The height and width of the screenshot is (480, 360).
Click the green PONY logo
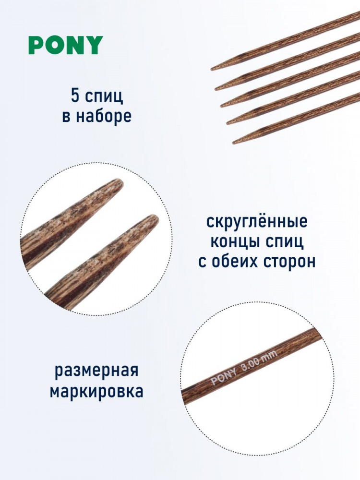[66, 45]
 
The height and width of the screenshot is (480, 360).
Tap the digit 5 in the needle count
[75, 96]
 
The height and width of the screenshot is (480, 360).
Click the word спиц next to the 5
[104, 97]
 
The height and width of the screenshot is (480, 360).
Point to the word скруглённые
[256, 221]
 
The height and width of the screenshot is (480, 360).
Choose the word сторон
[291, 263]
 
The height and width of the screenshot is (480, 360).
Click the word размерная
[96, 371]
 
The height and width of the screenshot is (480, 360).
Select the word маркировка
[96, 391]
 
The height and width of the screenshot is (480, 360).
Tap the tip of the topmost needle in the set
[212, 70]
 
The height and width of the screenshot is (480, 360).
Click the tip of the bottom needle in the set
[234, 143]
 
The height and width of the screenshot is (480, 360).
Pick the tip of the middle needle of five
[222, 106]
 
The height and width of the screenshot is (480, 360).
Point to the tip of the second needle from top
[216, 89]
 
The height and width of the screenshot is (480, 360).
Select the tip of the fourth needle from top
[228, 123]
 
